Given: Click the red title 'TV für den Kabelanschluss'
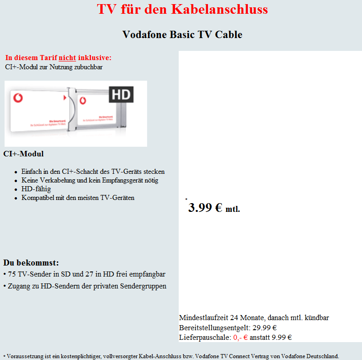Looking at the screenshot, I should coord(182,9).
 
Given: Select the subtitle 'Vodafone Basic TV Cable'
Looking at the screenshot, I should coord(182,34).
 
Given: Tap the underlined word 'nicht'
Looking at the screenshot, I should coord(67,58).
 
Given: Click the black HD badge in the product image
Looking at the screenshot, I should coord(121,95).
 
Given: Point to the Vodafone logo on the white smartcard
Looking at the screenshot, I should coord(18,98).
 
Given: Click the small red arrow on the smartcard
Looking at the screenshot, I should coord(64,98).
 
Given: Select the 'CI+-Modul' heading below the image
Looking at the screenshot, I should coord(23,154).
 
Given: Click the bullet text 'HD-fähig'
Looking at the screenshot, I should coord(36,189).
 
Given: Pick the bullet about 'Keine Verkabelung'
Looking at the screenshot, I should coord(90,180).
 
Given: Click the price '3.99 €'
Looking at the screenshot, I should coord(205,208).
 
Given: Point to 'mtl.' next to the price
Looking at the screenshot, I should coord(233,210).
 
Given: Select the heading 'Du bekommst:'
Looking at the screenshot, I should coord(31,263).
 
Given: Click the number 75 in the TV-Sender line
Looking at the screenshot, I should coord(12,274).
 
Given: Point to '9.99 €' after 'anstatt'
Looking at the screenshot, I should coord(282,338).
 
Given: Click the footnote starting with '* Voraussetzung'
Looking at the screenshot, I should coord(171,356).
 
